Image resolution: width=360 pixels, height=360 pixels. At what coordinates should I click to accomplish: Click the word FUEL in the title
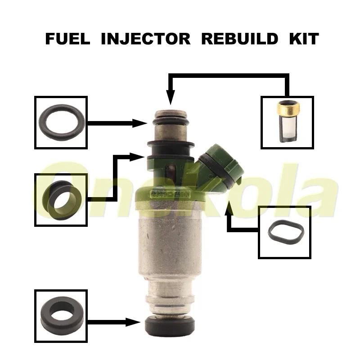[67, 39]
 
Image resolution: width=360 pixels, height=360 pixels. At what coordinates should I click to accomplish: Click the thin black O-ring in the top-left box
[61, 122]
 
